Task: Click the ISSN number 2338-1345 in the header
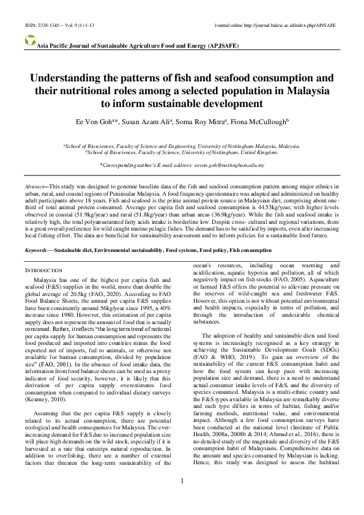(x=36, y=26)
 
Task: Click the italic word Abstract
(x=34, y=184)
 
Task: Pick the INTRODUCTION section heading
(x=43, y=270)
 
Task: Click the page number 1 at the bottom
(x=182, y=481)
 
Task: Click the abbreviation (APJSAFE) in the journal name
(x=218, y=46)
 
